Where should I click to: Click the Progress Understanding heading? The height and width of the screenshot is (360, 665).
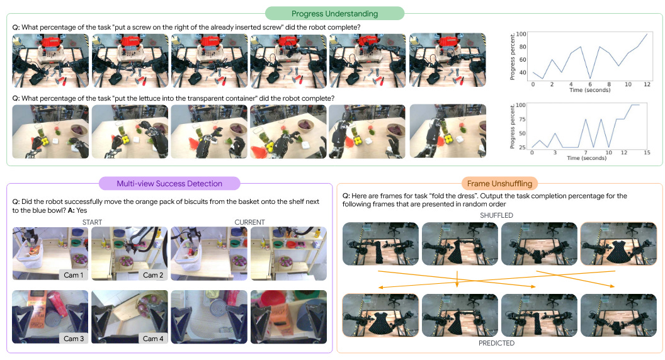(x=334, y=14)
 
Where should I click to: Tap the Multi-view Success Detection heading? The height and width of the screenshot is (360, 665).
(x=169, y=184)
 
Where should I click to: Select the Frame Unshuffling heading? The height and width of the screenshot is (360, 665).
(x=499, y=184)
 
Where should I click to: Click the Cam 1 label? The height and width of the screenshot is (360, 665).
(x=74, y=275)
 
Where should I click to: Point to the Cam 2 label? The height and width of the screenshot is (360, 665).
(x=152, y=275)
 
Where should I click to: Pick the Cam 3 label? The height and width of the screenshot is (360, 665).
(x=74, y=339)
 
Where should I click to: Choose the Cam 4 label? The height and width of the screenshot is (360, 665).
(x=152, y=339)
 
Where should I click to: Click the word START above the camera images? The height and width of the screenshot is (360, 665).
(x=92, y=222)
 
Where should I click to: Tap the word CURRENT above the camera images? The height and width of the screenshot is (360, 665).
(x=249, y=222)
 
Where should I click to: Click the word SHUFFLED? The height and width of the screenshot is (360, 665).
(x=496, y=215)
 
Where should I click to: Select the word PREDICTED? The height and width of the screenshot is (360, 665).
(x=496, y=343)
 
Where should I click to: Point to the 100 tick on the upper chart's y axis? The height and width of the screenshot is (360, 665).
(x=521, y=34)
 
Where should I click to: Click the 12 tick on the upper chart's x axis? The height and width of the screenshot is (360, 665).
(x=647, y=84)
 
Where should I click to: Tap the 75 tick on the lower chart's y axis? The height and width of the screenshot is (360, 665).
(x=522, y=119)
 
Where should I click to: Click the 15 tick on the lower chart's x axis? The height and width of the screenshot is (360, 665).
(x=647, y=152)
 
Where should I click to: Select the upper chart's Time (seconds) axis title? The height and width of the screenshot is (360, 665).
(x=590, y=90)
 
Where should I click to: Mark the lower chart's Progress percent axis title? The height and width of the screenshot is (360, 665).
(x=512, y=127)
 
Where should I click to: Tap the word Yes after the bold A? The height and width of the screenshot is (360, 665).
(x=82, y=210)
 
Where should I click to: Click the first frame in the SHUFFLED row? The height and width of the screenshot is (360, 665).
(x=380, y=244)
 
